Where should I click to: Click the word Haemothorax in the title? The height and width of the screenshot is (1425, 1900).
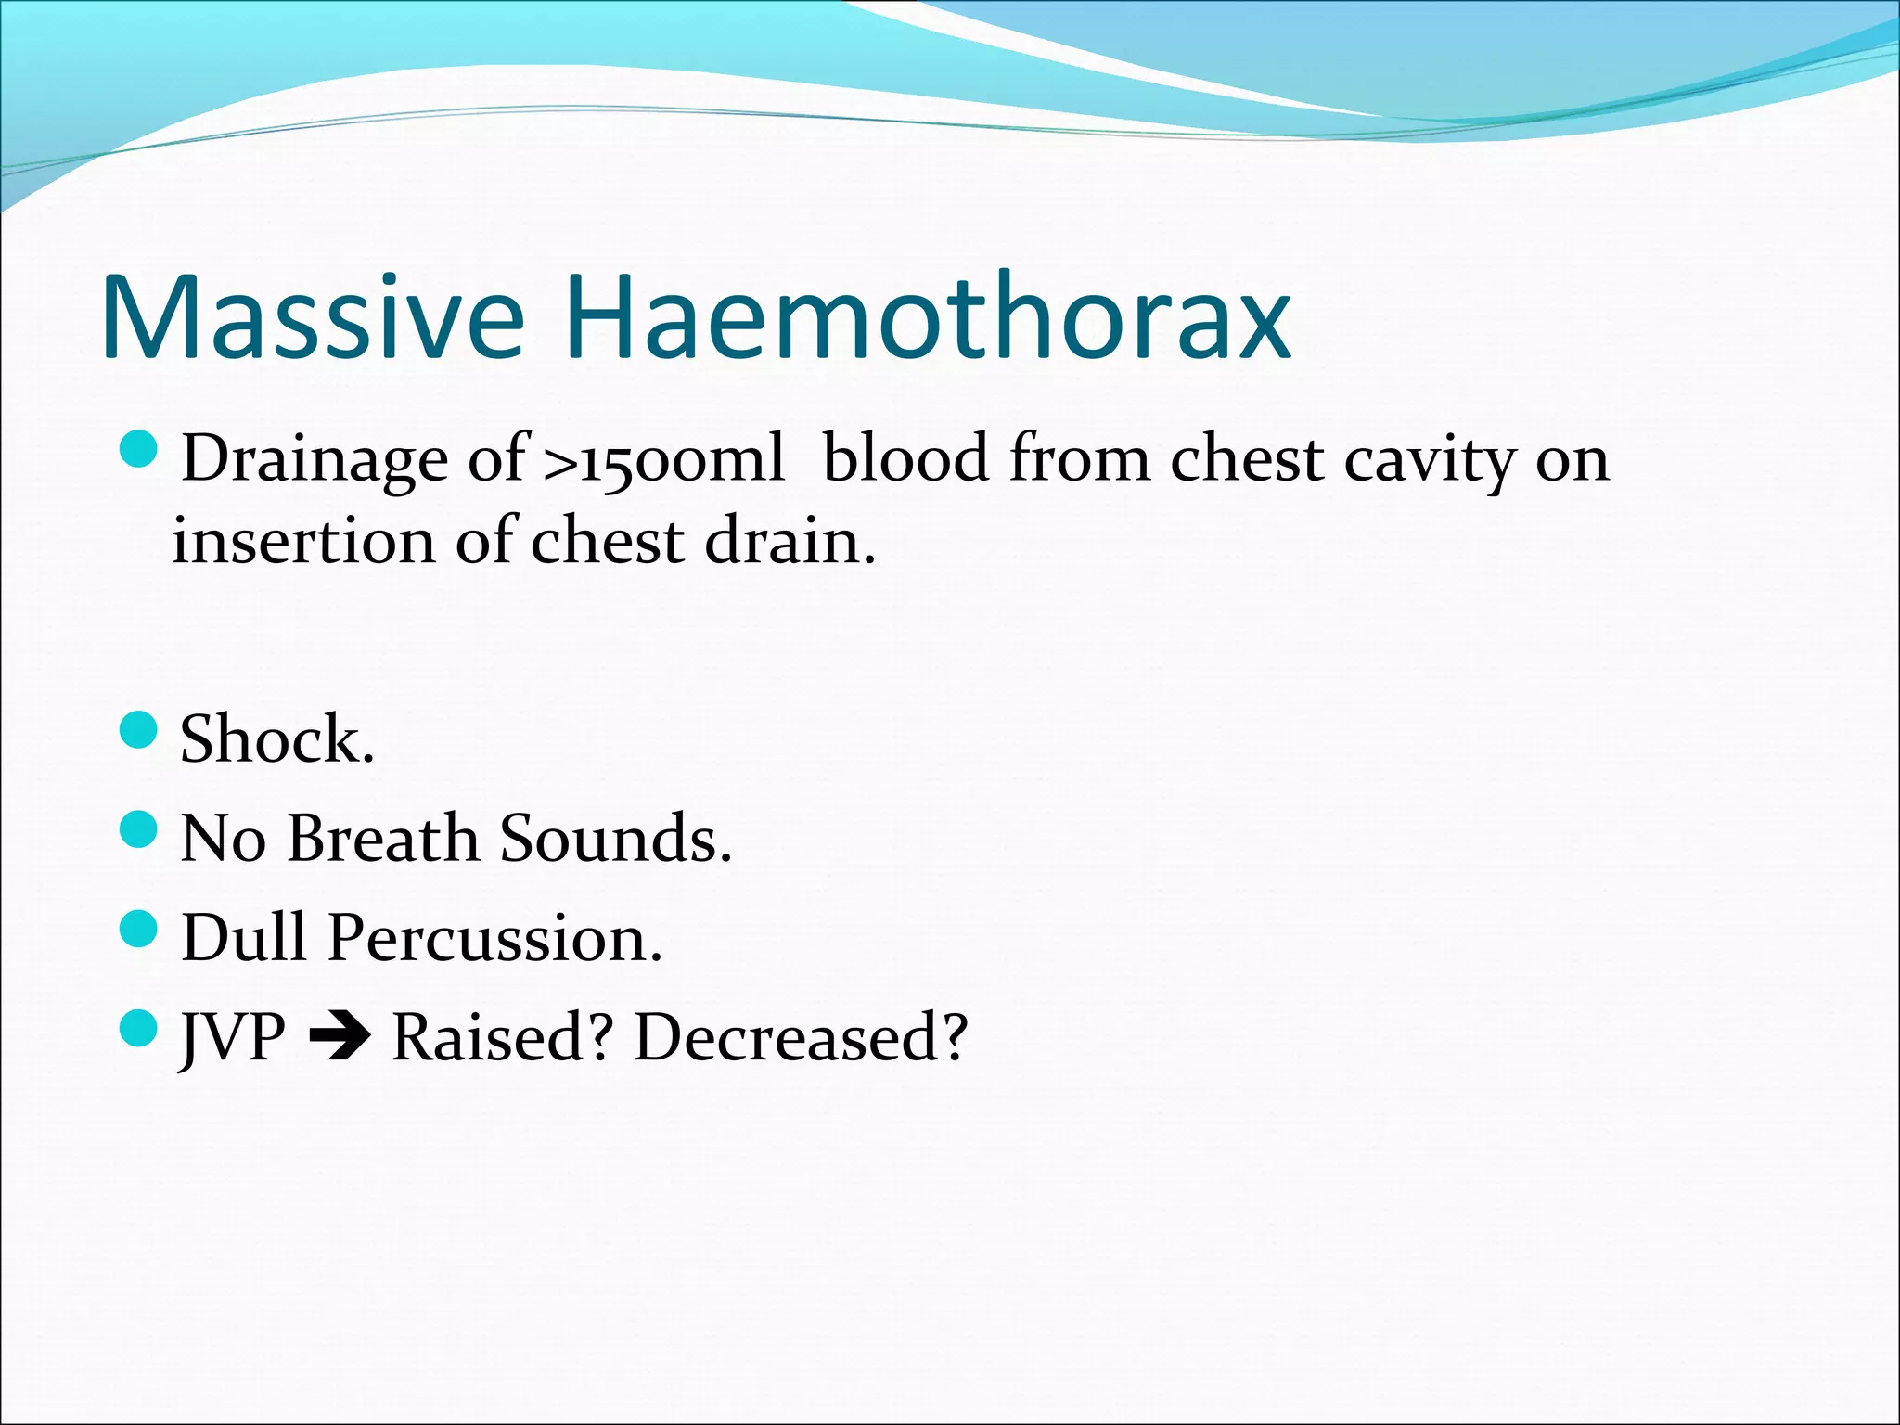[x=926, y=317]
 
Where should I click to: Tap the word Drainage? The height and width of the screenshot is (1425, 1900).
[x=314, y=461]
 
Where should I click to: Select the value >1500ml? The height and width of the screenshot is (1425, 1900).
[x=663, y=459]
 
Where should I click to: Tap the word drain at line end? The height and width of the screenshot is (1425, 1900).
[x=790, y=541]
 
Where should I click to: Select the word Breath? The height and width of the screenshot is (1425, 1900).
[x=382, y=839]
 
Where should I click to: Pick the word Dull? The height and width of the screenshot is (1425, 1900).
[x=243, y=938]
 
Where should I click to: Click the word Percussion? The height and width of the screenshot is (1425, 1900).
[x=494, y=938]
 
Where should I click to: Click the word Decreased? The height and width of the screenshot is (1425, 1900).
[x=801, y=1037]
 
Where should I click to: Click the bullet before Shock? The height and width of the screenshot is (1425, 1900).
[x=139, y=730]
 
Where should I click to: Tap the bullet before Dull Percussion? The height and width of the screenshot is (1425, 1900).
[x=139, y=929]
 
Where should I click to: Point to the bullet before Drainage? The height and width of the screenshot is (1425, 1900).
[x=139, y=449]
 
